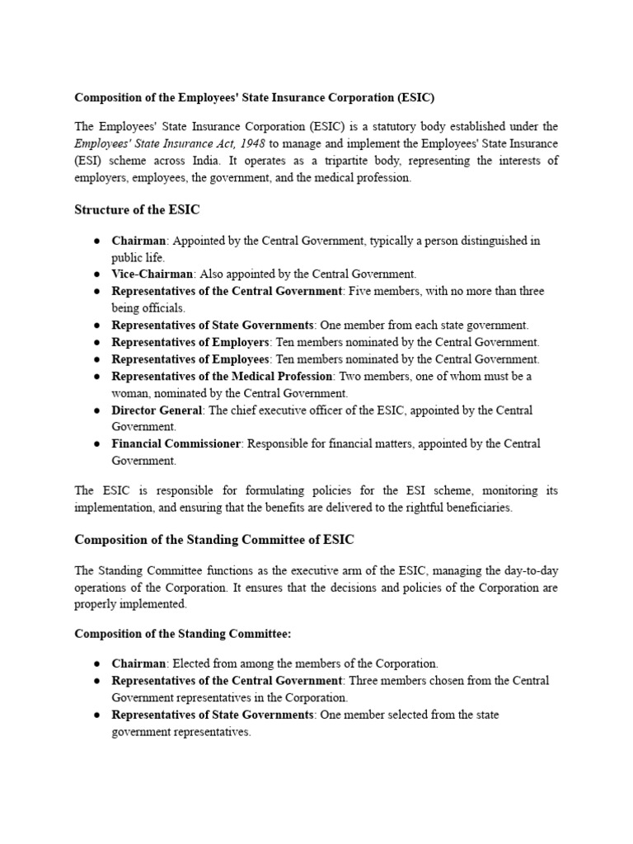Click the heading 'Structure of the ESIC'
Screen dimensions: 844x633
click(137, 210)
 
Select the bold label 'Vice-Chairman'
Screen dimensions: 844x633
click(152, 274)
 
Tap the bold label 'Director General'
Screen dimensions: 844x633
click(157, 410)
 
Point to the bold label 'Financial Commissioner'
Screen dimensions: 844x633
click(176, 443)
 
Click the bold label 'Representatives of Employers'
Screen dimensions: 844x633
click(190, 342)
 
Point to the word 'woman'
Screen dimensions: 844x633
click(130, 393)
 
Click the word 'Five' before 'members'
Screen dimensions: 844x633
click(360, 291)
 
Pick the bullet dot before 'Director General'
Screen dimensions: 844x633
click(96, 410)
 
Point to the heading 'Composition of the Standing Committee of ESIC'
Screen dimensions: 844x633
click(214, 540)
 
